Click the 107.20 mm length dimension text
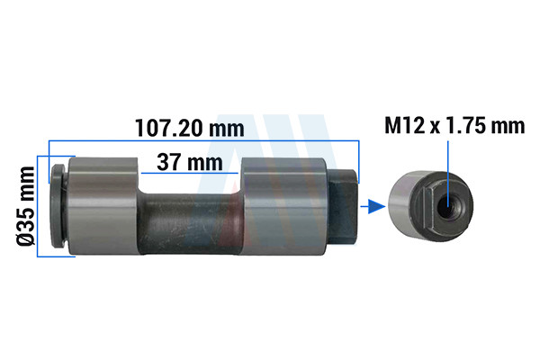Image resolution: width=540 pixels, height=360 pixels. click(x=190, y=128)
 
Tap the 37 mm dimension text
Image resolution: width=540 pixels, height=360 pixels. click(x=190, y=162)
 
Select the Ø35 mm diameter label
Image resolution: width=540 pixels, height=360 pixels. click(x=26, y=206)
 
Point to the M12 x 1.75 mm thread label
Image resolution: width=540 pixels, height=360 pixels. click(x=454, y=125)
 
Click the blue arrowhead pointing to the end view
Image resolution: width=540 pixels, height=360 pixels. click(x=376, y=206)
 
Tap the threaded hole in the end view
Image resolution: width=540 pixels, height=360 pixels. click(x=447, y=206)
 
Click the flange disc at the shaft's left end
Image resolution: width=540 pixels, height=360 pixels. click(x=58, y=206)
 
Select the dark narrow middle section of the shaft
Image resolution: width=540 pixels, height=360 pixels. click(x=190, y=224)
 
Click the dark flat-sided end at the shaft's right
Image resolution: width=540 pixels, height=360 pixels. click(x=342, y=207)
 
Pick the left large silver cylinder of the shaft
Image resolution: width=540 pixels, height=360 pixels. click(x=103, y=206)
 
